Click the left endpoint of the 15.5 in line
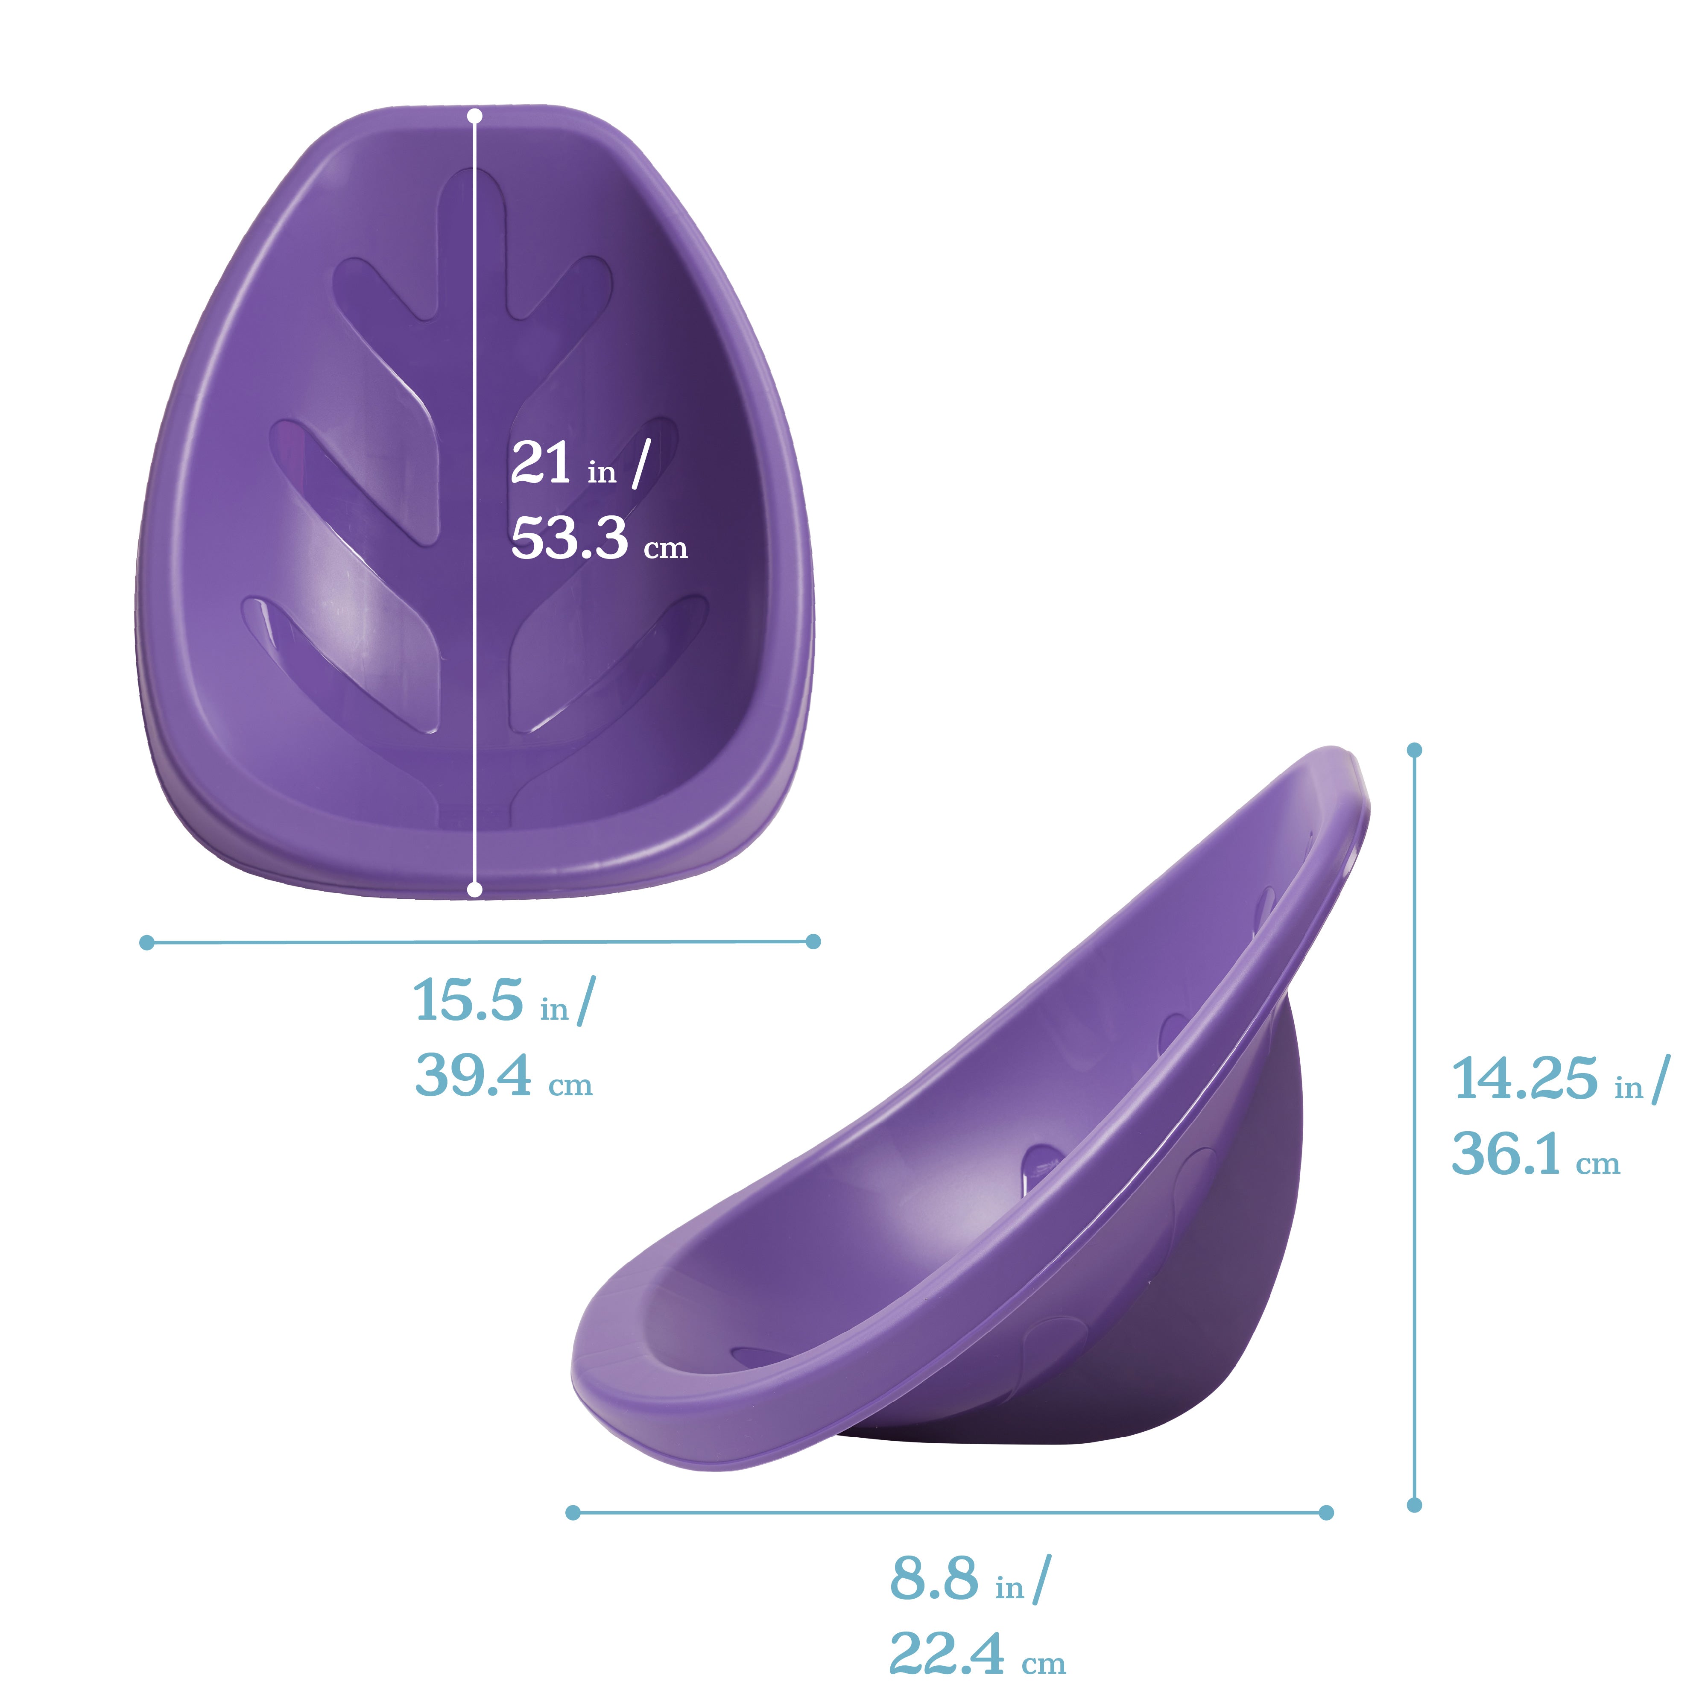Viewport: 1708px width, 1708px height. coord(147,943)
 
